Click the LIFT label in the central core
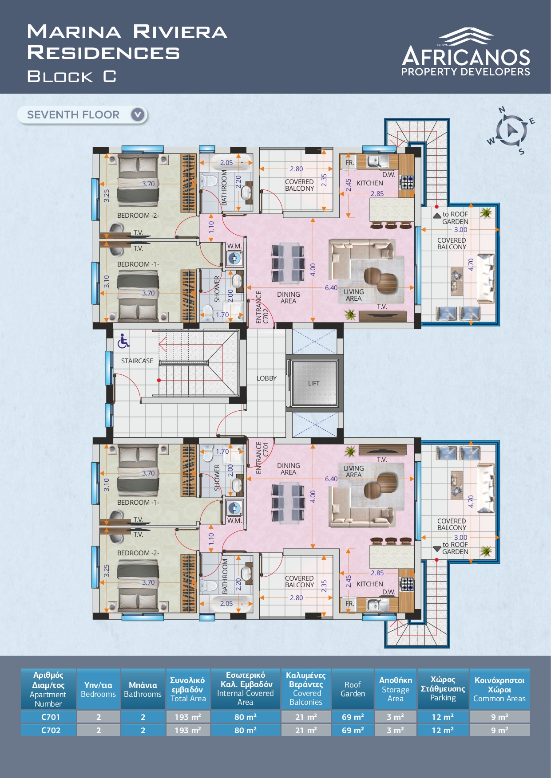(x=313, y=383)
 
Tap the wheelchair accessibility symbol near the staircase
(x=123, y=341)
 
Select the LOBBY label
(x=266, y=378)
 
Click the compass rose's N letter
(x=502, y=110)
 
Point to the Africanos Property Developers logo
(x=466, y=52)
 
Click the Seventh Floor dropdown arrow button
(x=138, y=115)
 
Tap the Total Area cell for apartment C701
(x=188, y=717)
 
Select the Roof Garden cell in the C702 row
(x=353, y=730)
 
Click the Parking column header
(x=443, y=689)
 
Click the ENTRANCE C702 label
(x=262, y=307)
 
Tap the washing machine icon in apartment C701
(x=234, y=507)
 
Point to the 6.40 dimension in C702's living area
(x=331, y=288)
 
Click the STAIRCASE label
(x=137, y=361)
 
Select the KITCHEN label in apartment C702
(x=369, y=183)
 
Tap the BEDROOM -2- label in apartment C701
(x=138, y=553)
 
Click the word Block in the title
(x=60, y=77)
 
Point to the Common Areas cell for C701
(x=499, y=717)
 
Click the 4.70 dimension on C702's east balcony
(x=471, y=264)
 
